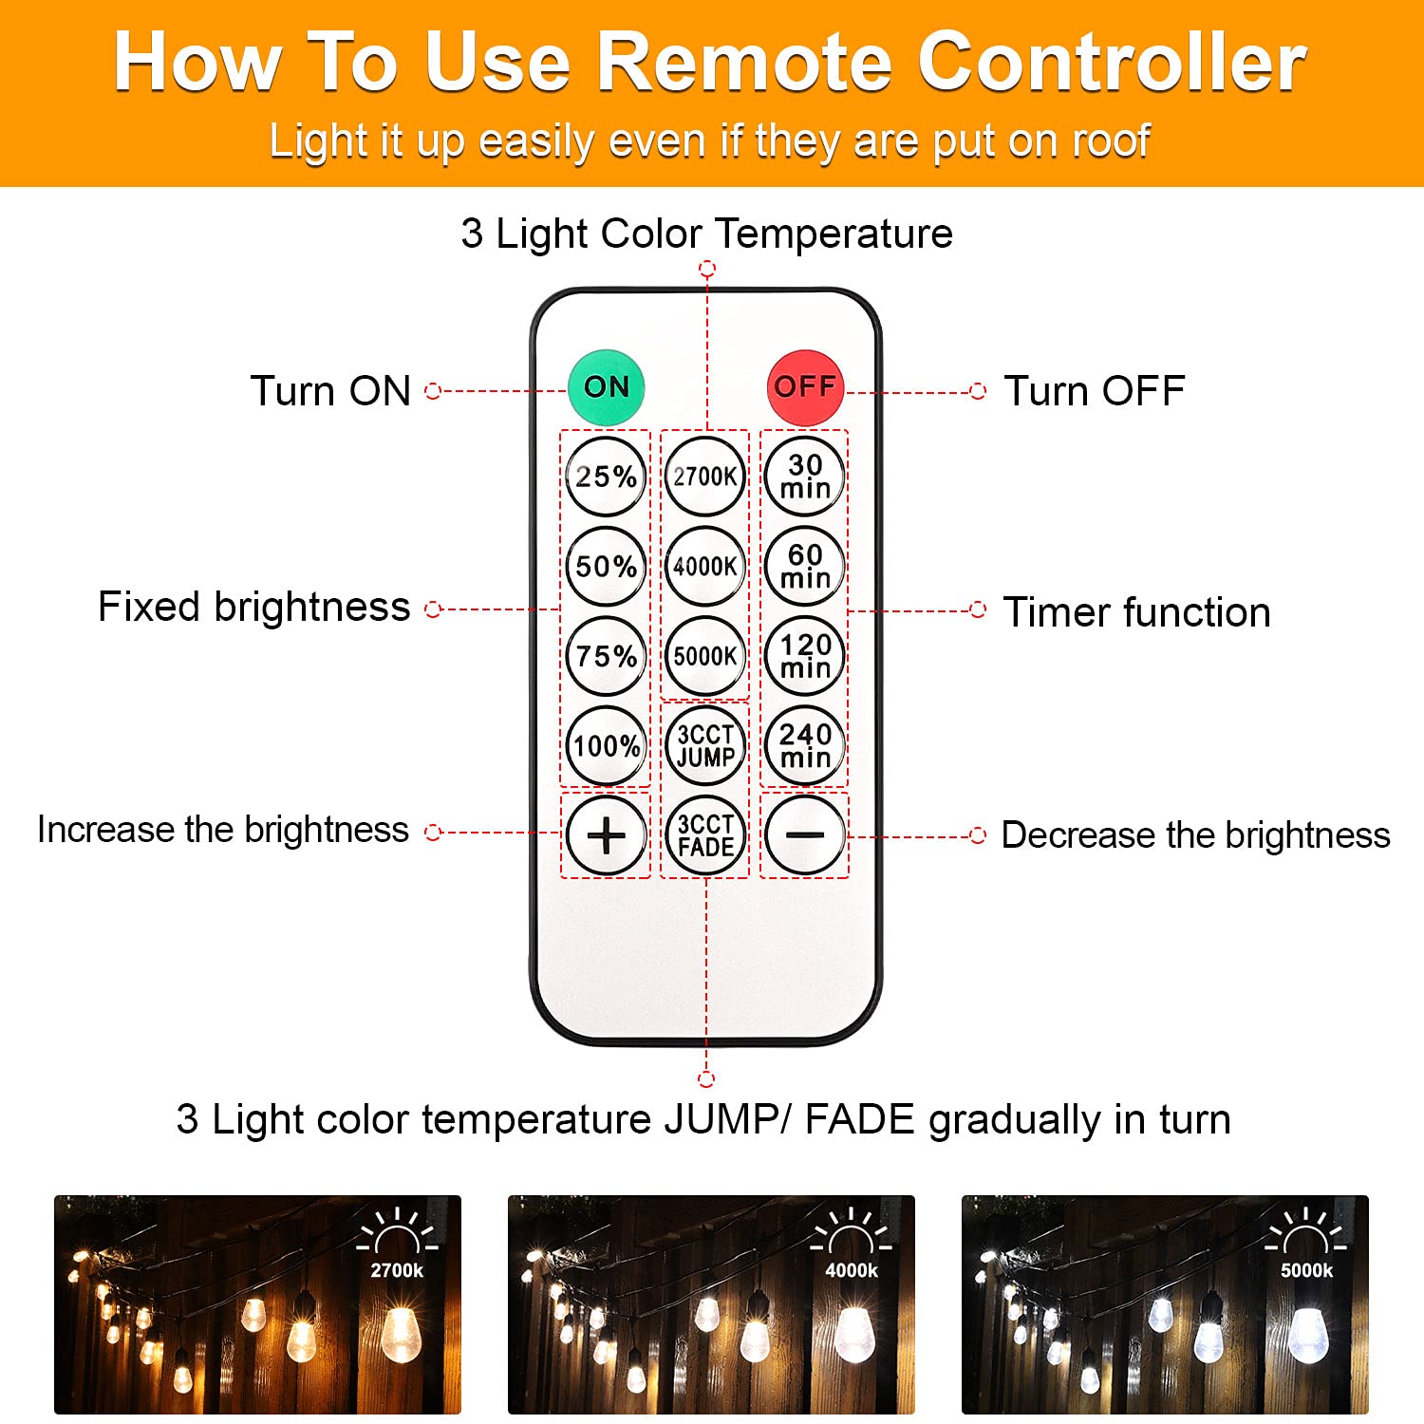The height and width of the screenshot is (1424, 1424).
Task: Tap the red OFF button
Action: (x=805, y=387)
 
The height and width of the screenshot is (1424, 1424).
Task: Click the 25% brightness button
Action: (x=606, y=476)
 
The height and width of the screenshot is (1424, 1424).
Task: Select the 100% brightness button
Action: (x=606, y=745)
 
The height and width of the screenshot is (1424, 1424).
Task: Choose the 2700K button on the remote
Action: (x=704, y=476)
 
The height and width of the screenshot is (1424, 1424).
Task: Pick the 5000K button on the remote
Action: (x=704, y=656)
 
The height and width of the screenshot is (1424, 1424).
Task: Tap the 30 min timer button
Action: (x=805, y=476)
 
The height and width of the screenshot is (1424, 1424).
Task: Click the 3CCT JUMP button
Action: (x=704, y=745)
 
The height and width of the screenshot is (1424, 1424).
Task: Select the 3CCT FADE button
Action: (x=704, y=835)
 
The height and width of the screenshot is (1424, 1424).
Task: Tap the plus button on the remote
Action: (x=606, y=835)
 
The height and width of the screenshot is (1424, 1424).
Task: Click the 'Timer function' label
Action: (x=1136, y=612)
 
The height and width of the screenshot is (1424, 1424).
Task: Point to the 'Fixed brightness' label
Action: (x=253, y=608)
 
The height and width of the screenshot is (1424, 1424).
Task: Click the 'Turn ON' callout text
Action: (x=330, y=391)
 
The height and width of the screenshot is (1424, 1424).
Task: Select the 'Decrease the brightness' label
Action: (x=1195, y=835)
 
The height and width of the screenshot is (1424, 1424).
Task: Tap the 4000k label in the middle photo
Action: (x=852, y=1270)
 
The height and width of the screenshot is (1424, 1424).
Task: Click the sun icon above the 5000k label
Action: (x=1306, y=1232)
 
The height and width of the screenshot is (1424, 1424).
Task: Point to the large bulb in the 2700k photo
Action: (x=401, y=1334)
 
